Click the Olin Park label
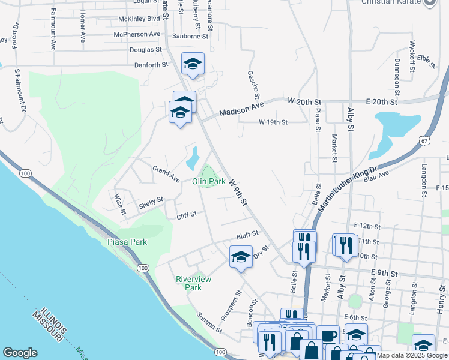pyautogui.click(x=209, y=181)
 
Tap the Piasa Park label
pyautogui.click(x=127, y=242)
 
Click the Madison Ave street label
pyautogui.click(x=241, y=109)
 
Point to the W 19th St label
pyautogui.click(x=274, y=122)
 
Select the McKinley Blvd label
pyautogui.click(x=139, y=19)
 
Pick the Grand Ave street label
pyautogui.click(x=166, y=175)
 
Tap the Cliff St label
pyautogui.click(x=187, y=214)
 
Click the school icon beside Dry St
pyautogui.click(x=241, y=257)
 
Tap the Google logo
pyautogui.click(x=20, y=353)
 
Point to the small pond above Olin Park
pyautogui.click(x=193, y=158)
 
